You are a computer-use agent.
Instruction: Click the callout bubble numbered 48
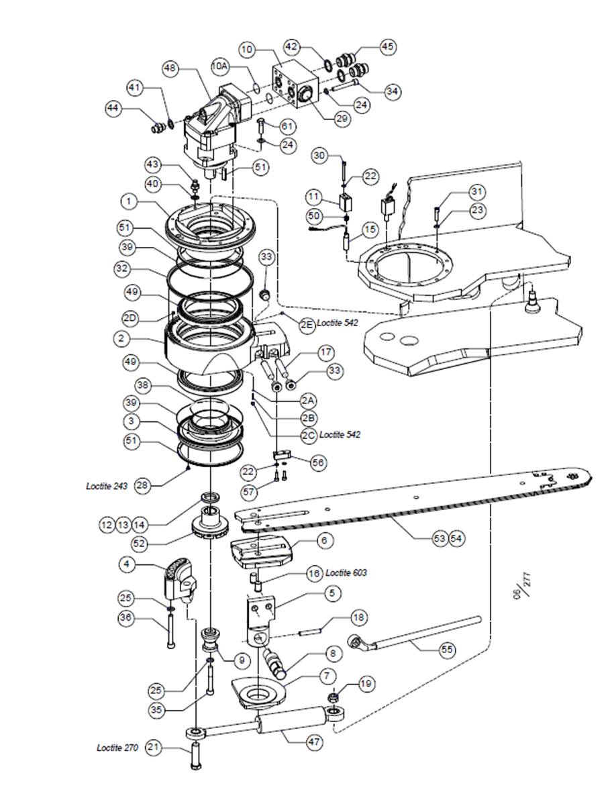point(171,68)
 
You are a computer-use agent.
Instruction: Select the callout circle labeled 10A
point(219,66)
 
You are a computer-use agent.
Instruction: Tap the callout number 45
point(388,47)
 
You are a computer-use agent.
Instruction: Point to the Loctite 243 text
point(106,486)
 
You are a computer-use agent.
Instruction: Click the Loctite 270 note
point(117,748)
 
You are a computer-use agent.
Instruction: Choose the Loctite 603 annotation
point(346,572)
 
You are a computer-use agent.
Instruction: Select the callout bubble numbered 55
point(447,650)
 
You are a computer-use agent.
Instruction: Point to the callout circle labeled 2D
point(132,318)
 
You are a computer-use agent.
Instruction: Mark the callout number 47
point(314,742)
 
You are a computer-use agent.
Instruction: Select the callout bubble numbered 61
point(288,126)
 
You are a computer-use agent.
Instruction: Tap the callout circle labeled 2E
point(307,324)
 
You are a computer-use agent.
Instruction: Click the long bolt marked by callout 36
point(170,628)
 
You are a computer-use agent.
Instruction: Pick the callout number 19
point(366,683)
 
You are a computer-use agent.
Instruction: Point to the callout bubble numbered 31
point(477,191)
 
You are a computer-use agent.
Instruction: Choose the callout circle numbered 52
point(139,544)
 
